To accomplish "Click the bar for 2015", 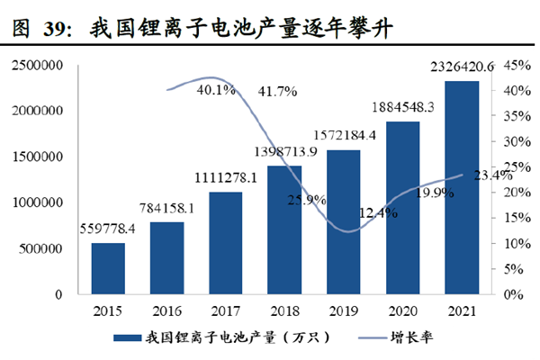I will point(107,268).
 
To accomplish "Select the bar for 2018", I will point(283,229).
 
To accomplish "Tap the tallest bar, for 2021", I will point(461,187).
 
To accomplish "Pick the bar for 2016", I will point(166,257).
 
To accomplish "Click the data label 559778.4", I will point(108,229).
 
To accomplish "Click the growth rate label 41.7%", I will point(279,91).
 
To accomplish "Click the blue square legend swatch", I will point(126,337).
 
